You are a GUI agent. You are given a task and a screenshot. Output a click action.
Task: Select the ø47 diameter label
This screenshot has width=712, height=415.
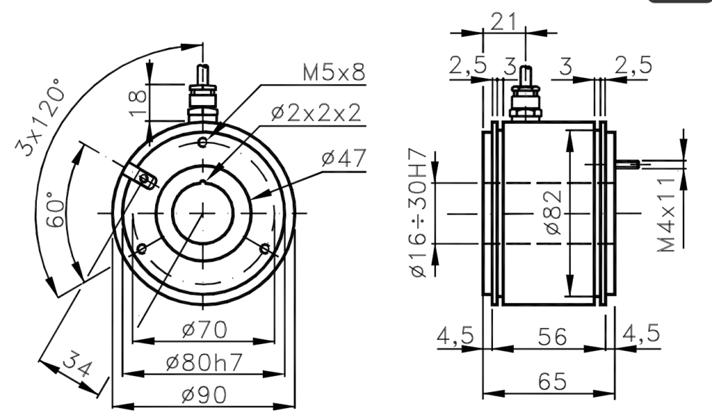[x=343, y=158]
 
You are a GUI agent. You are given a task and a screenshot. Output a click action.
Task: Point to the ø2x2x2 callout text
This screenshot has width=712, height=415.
[x=316, y=113]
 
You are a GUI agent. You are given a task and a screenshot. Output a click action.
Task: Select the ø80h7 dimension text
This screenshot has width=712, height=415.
[x=204, y=363]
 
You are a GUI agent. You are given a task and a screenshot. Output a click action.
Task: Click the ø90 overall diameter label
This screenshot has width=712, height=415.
[x=204, y=395]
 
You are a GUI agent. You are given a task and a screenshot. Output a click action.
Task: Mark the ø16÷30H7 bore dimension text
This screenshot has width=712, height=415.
[x=419, y=212]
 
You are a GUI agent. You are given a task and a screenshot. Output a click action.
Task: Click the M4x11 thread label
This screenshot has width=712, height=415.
[x=668, y=213]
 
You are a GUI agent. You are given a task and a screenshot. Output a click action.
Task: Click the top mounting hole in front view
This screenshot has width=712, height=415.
[x=202, y=143]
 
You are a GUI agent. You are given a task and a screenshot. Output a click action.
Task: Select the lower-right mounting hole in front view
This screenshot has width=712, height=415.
[x=264, y=248]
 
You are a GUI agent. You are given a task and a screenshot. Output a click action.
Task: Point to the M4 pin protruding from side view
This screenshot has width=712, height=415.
[x=628, y=164]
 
